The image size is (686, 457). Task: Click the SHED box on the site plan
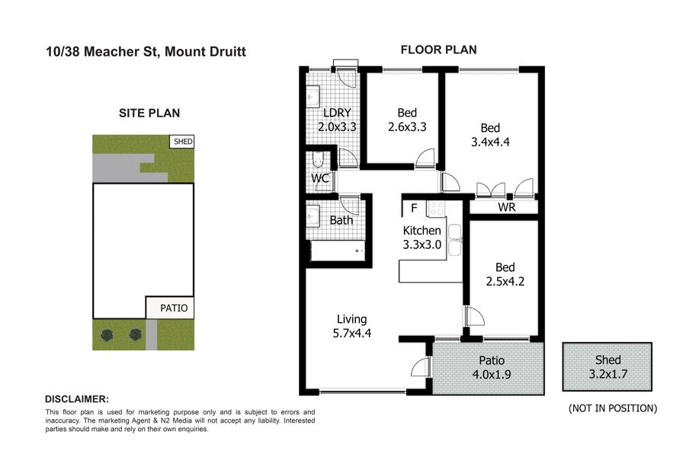pos(181,142)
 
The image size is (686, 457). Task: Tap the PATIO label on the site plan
pos(174,308)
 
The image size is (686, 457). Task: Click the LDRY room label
pos(337,113)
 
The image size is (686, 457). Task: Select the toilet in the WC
pos(318,160)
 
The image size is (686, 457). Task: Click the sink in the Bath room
pos(313,216)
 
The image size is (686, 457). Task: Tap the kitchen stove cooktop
pos(436,209)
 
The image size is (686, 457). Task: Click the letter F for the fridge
pos(414,208)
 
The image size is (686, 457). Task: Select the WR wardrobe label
pos(507,207)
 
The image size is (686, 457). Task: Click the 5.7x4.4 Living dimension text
pos(351,334)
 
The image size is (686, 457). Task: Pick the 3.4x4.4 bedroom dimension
pos(490,142)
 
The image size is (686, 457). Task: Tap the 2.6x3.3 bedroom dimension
pos(407,127)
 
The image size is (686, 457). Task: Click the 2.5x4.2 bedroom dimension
pos(505,281)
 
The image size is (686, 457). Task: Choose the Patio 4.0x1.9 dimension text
pos(492,374)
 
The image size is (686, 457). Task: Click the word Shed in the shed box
pos(607,360)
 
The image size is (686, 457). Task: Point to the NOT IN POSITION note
pos(613,408)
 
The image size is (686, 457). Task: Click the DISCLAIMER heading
pos(77,399)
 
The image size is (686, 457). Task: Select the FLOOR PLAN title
pos(439,50)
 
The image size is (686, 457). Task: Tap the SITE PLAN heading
pos(149,113)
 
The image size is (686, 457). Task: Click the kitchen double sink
pos(454,240)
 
